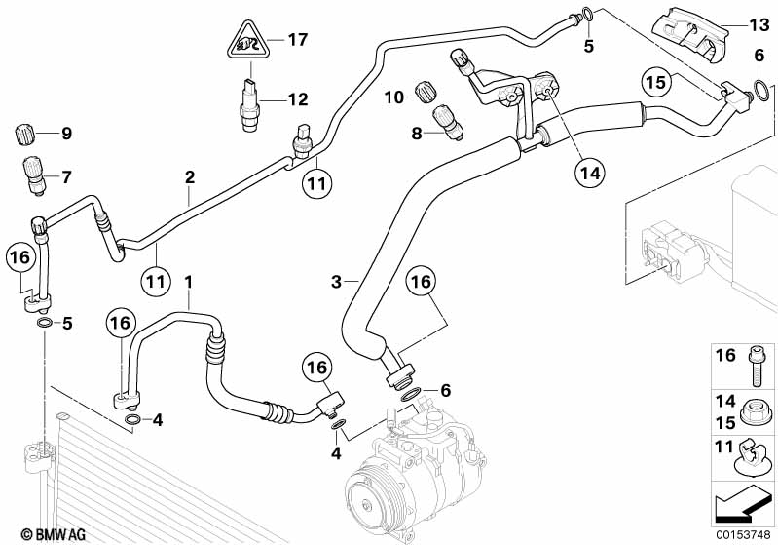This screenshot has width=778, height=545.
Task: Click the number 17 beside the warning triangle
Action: (297, 40)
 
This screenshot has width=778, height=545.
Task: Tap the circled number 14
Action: (588, 174)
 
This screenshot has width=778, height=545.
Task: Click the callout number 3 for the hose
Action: (336, 282)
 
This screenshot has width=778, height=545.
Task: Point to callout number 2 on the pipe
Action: (190, 177)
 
